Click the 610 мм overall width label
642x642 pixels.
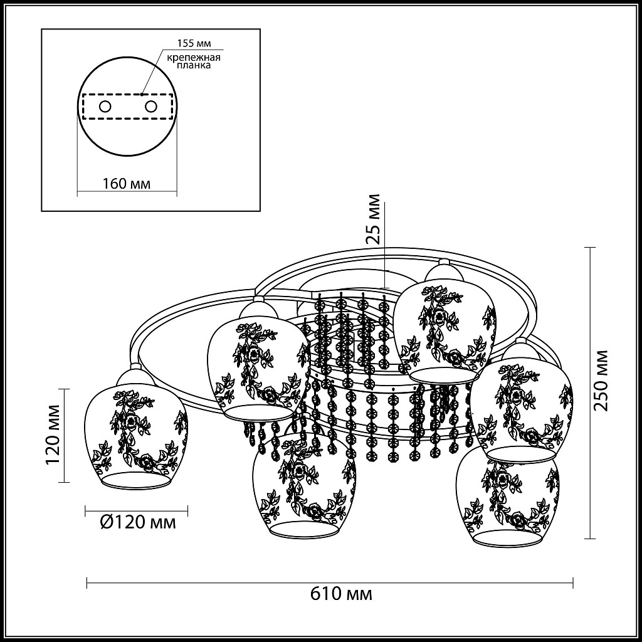point(341,593)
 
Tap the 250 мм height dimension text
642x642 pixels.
point(601,381)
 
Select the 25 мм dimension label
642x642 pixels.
point(373,219)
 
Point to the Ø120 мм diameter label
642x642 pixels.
point(137,522)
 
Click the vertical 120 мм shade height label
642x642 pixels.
point(53,434)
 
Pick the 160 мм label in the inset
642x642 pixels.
point(126,184)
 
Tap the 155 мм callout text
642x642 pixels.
point(194,43)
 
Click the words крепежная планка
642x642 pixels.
point(194,61)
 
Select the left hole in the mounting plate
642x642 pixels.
point(105,107)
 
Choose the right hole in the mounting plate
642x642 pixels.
point(150,107)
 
